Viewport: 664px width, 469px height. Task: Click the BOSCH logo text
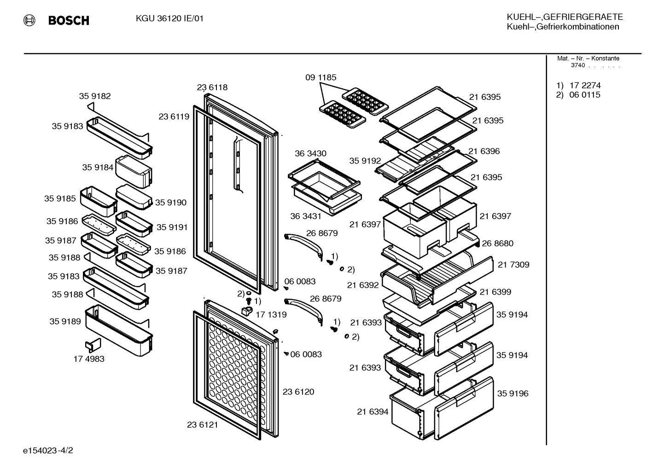tap(69, 20)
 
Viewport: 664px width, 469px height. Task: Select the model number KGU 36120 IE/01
tap(169, 18)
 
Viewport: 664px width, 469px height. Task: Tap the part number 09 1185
tap(321, 77)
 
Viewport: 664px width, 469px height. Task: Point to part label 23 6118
tap(212, 87)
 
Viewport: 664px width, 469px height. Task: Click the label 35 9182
tap(95, 96)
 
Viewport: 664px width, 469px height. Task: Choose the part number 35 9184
tap(98, 168)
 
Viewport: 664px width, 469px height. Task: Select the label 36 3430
tap(310, 153)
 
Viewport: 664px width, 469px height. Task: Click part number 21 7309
tap(513, 265)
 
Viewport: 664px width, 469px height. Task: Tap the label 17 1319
tap(271, 315)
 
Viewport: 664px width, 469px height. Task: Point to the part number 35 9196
tap(513, 394)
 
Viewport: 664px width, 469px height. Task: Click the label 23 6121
tap(203, 425)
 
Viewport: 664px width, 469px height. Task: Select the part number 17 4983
tap(89, 359)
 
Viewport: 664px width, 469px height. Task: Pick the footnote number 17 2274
tap(585, 85)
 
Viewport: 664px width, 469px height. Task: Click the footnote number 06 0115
tap(585, 95)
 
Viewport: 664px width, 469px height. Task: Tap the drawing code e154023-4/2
tap(48, 451)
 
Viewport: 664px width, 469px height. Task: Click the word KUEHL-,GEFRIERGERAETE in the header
tap(565, 17)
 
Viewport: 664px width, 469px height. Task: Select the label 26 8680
tap(498, 243)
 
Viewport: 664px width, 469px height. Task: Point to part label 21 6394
tap(373, 412)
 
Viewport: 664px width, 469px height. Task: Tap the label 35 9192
tap(365, 161)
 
